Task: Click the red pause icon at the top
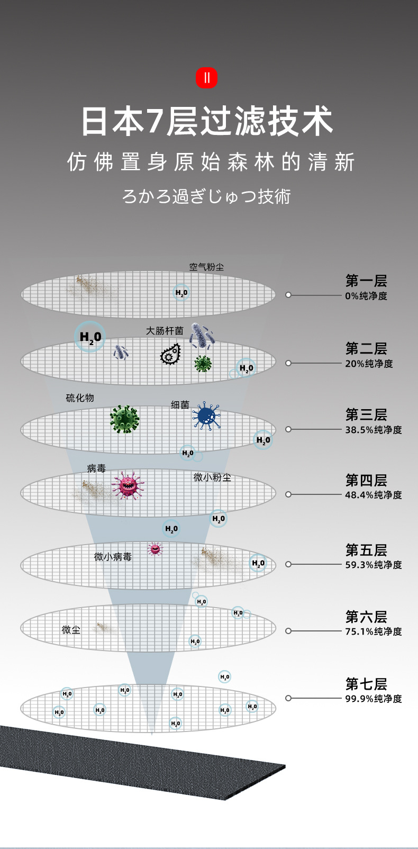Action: (206, 78)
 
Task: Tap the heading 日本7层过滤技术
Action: (207, 121)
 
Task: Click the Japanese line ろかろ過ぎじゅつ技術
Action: (206, 196)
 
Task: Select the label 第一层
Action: (366, 281)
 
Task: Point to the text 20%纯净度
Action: (369, 364)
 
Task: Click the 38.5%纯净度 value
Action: (374, 430)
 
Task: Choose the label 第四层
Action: (366, 480)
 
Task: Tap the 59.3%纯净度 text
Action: (374, 565)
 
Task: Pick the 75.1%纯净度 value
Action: (374, 631)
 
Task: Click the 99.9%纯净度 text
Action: (374, 699)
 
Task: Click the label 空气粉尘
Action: (206, 267)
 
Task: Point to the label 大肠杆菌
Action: (165, 331)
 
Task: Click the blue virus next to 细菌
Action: (206, 415)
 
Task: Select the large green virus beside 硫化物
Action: (124, 419)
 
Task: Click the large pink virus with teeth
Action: (128, 485)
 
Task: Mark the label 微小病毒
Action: (113, 557)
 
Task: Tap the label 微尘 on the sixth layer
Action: (71, 629)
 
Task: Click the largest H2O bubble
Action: (90, 337)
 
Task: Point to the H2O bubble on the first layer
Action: (181, 293)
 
